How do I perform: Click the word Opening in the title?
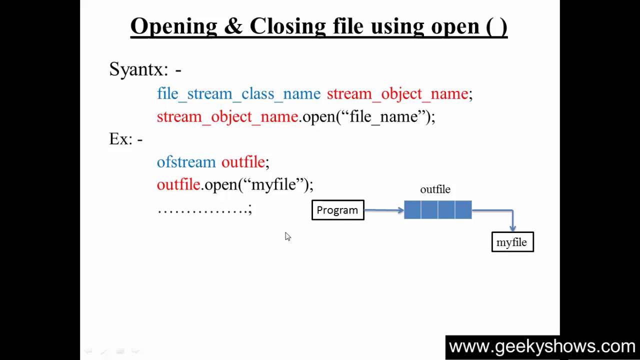click(x=173, y=26)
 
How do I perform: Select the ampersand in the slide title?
click(x=233, y=26)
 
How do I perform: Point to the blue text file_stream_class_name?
click(x=238, y=93)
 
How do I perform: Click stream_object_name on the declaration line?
click(x=397, y=93)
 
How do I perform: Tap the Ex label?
click(x=120, y=139)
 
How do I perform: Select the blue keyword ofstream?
click(x=186, y=162)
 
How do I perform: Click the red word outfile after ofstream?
click(x=243, y=162)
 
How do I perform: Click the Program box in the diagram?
click(x=337, y=210)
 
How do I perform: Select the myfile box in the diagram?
click(x=512, y=242)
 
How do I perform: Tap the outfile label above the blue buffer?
click(x=435, y=189)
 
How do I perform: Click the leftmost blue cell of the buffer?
click(x=412, y=210)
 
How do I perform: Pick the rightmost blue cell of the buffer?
click(x=463, y=210)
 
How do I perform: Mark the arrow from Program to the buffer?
click(x=383, y=210)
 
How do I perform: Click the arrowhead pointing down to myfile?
click(x=513, y=228)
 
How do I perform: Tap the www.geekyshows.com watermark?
click(x=542, y=346)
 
